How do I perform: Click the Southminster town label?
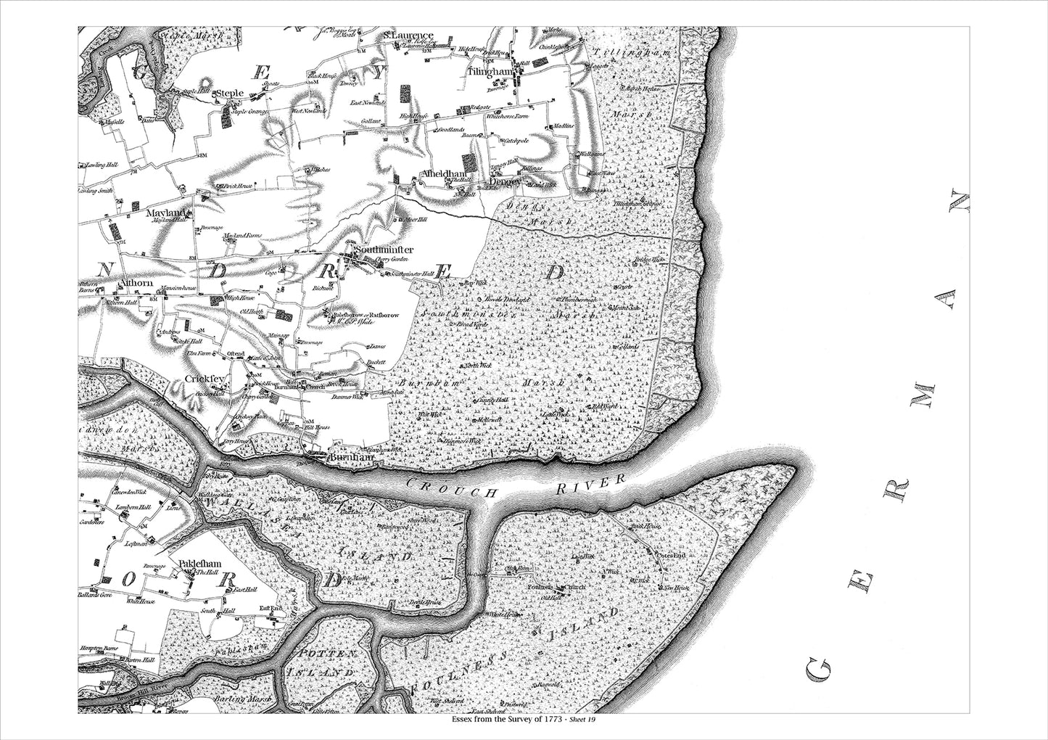coord(384,250)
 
